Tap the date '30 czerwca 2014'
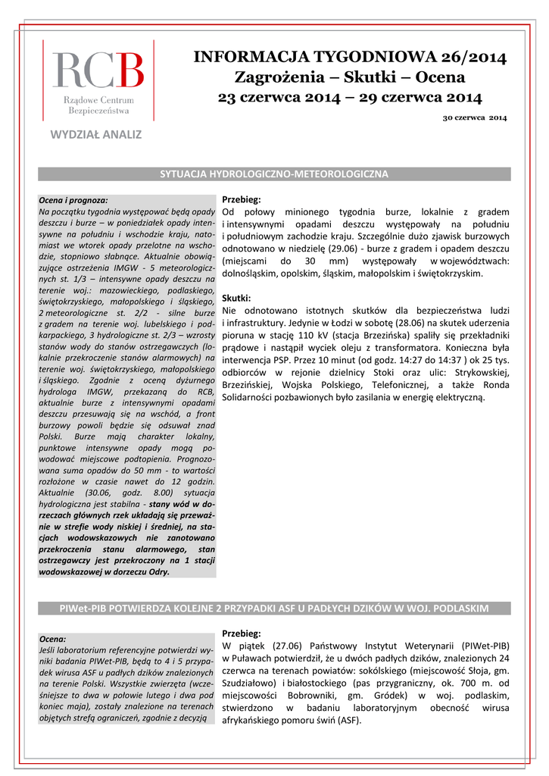(x=475, y=118)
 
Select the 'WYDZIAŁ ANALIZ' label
(x=96, y=135)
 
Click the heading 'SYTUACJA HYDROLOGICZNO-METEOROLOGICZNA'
(x=274, y=174)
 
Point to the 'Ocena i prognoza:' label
(x=73, y=199)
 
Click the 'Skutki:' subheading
(x=236, y=298)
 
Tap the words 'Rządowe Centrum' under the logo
(x=98, y=100)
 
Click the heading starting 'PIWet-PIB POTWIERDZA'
(x=274, y=609)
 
